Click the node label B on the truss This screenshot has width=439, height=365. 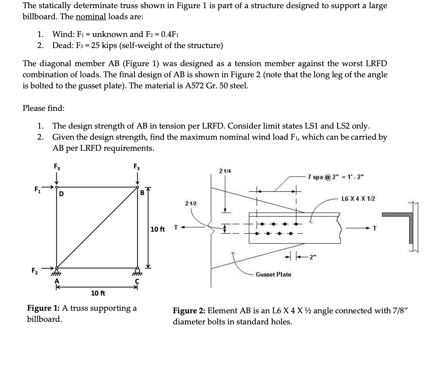(x=142, y=192)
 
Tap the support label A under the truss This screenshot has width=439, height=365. (x=57, y=280)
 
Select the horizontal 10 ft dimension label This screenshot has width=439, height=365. (x=98, y=293)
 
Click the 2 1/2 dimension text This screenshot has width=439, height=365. (x=191, y=204)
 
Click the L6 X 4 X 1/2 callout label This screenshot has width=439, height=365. (x=359, y=199)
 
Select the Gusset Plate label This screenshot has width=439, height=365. (x=273, y=274)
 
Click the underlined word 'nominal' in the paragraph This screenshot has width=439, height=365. (x=91, y=17)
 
